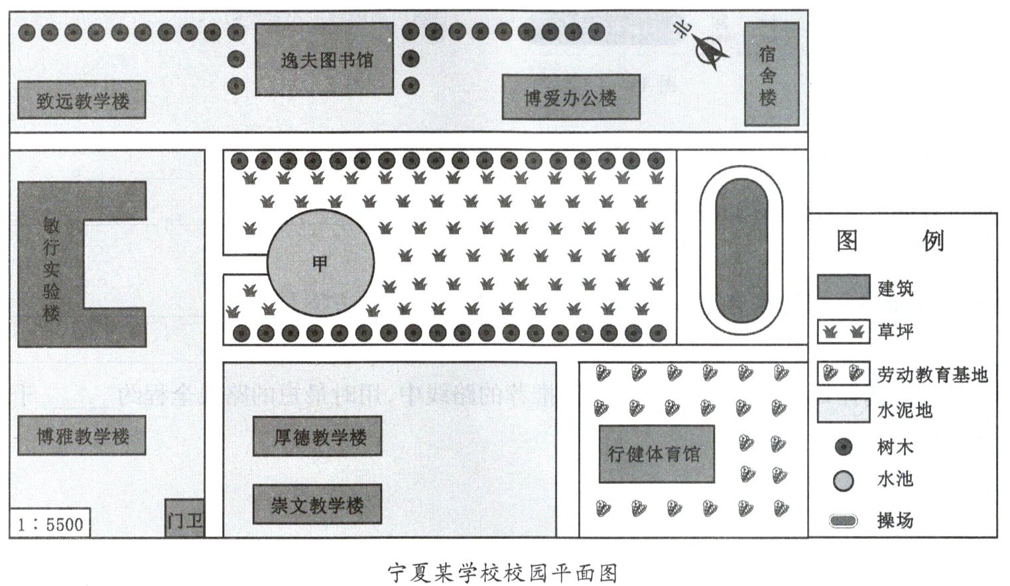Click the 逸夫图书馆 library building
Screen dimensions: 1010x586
click(324, 60)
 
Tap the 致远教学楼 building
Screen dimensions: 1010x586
click(82, 100)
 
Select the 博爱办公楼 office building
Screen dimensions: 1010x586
click(570, 97)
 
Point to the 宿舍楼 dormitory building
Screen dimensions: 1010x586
click(767, 74)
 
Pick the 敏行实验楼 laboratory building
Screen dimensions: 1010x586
click(51, 265)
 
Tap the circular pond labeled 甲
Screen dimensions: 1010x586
click(320, 264)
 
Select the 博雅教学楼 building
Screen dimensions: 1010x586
click(82, 436)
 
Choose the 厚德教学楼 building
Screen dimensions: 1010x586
click(318, 436)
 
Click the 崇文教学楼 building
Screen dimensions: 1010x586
click(318, 505)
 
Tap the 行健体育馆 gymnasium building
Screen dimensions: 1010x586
click(657, 454)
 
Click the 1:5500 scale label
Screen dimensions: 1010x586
click(50, 524)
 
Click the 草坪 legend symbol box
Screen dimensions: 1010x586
click(843, 331)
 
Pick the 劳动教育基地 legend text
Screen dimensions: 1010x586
click(932, 375)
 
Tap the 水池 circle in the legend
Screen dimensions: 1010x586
click(844, 481)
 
